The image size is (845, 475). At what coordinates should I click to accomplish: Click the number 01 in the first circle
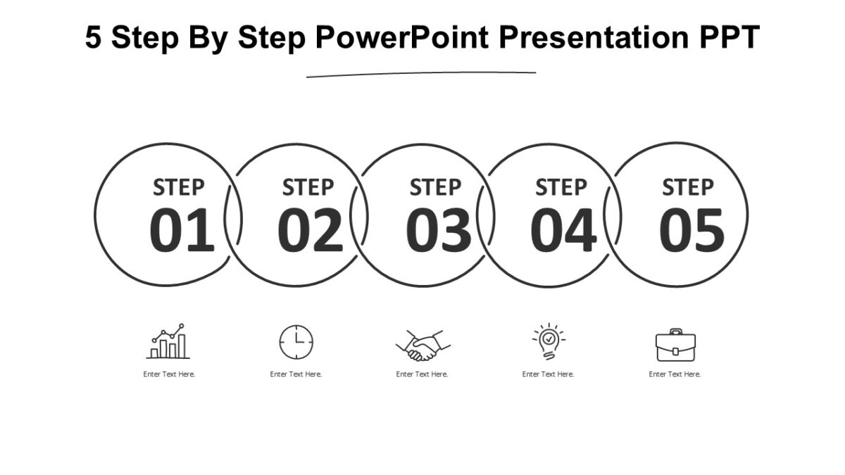tap(182, 231)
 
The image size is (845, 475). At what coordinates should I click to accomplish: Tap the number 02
tap(310, 231)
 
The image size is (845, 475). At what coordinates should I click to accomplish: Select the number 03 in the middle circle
tap(438, 231)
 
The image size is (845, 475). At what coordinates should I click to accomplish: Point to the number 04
tap(563, 231)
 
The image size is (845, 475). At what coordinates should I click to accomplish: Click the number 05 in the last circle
tap(691, 231)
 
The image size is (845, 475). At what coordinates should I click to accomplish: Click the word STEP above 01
tap(179, 188)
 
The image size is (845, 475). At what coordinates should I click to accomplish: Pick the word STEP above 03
tap(435, 188)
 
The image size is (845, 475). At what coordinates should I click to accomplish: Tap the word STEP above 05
tap(687, 188)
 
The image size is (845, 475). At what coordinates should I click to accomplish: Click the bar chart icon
tap(168, 342)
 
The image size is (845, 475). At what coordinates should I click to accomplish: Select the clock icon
tap(296, 343)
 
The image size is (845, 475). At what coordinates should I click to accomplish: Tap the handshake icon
tap(423, 345)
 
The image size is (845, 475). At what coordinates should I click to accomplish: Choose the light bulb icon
tap(548, 342)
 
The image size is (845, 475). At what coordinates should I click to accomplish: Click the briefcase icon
tap(675, 345)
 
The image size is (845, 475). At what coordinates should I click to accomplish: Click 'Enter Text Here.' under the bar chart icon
tap(169, 374)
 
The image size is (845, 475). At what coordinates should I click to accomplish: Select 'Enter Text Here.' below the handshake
tap(422, 374)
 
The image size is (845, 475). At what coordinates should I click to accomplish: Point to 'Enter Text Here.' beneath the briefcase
tap(675, 374)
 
